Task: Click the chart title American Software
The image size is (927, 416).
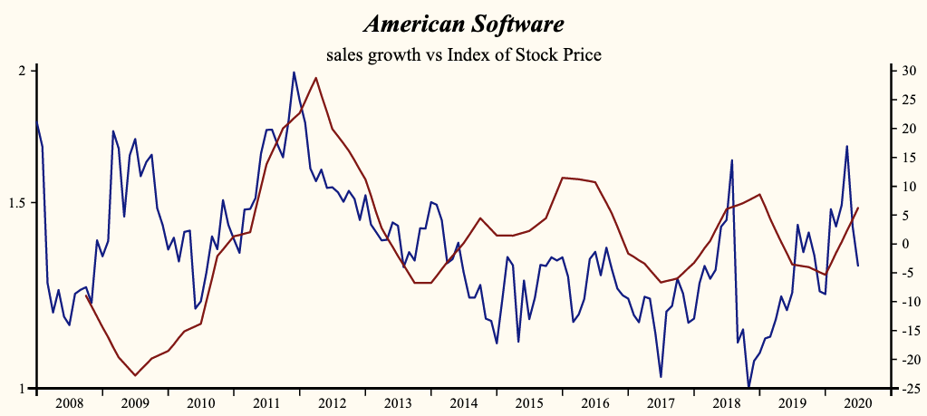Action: coord(463,23)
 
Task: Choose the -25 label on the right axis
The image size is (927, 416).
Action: coord(903,389)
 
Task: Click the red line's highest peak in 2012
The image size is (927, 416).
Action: coord(315,77)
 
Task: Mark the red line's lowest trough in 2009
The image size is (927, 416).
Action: coord(135,375)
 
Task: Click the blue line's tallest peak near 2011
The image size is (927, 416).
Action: coord(294,72)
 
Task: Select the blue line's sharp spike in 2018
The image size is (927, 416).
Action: coord(731,160)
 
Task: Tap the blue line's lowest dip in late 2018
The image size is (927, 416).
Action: coord(748,387)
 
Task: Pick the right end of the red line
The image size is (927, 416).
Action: coord(858,208)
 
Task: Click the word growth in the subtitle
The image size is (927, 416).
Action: coord(396,54)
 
